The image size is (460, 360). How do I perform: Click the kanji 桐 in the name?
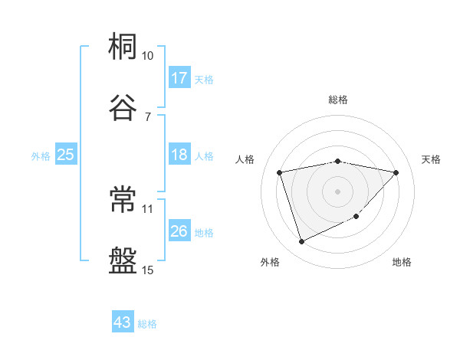(x=123, y=47)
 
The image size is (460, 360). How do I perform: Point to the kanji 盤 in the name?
(x=123, y=260)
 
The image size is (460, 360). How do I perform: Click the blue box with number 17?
(x=179, y=77)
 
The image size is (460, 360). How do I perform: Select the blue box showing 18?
(x=179, y=155)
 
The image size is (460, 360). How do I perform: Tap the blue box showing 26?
(x=179, y=231)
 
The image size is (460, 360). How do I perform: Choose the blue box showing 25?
(x=66, y=155)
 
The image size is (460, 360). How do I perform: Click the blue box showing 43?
(x=123, y=322)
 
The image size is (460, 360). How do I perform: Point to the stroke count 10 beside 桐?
(x=148, y=56)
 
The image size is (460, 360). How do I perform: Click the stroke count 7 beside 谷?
(x=147, y=116)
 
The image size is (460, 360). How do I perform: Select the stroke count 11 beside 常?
(x=148, y=208)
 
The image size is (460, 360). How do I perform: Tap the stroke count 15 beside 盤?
(x=148, y=270)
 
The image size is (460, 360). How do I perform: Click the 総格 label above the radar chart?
(x=338, y=100)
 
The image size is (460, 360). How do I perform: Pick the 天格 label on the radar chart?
(x=431, y=159)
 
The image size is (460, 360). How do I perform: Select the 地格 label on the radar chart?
(x=402, y=262)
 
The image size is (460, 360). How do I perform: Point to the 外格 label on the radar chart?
(x=270, y=262)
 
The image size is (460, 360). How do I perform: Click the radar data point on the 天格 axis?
(x=396, y=172)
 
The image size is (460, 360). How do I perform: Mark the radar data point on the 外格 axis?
(x=301, y=242)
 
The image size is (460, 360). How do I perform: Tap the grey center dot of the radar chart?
(x=338, y=191)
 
